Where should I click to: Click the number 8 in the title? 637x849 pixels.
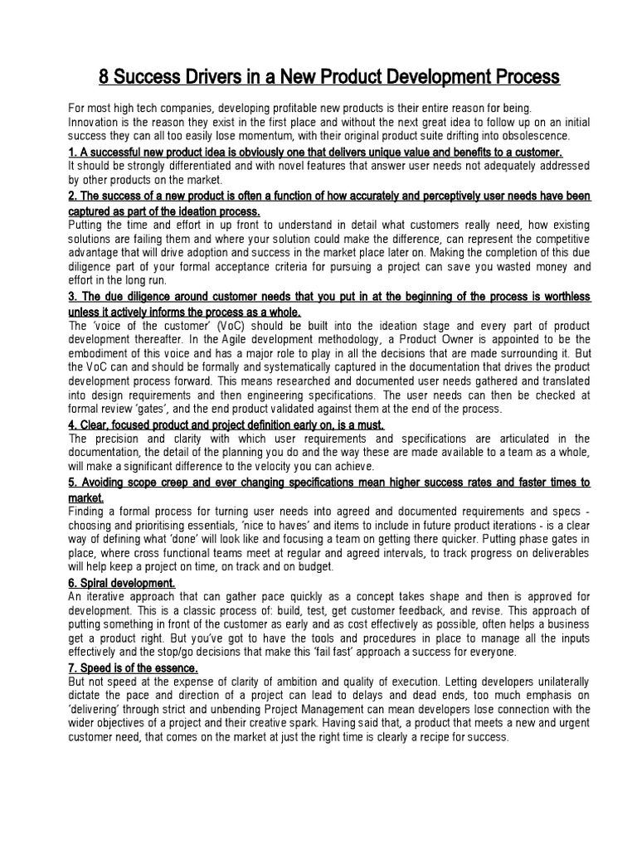coord(105,77)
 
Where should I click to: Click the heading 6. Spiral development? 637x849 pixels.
coord(121,584)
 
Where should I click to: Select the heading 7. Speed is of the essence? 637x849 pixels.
coord(133,668)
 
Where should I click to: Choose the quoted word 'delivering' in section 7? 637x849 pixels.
coord(98,710)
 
